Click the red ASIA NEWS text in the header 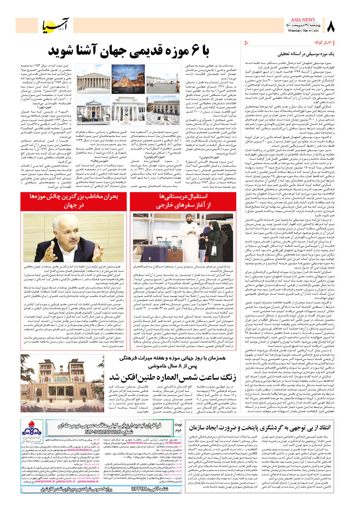(303, 20)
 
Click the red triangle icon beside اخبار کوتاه (247, 43)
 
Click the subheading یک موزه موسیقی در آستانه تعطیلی (306, 54)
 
